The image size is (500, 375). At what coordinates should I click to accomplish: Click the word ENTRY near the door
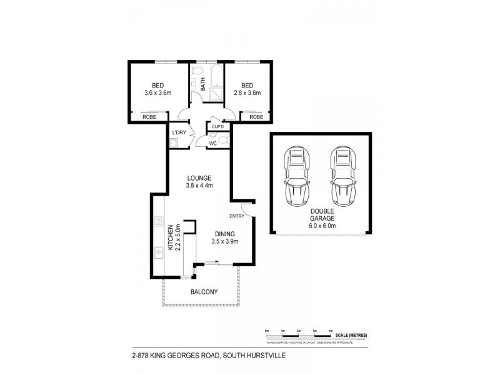[x=237, y=216]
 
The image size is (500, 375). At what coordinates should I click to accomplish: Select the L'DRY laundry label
[x=179, y=132]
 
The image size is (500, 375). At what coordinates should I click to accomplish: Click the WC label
[x=212, y=143]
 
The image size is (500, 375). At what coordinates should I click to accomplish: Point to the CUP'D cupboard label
[x=218, y=127]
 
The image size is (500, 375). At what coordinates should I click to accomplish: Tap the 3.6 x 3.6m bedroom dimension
[x=157, y=93]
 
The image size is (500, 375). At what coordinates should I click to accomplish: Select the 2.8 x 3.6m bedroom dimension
[x=247, y=93]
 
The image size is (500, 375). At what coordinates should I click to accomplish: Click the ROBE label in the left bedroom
[x=149, y=117]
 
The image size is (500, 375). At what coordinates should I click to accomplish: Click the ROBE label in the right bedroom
[x=256, y=117]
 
